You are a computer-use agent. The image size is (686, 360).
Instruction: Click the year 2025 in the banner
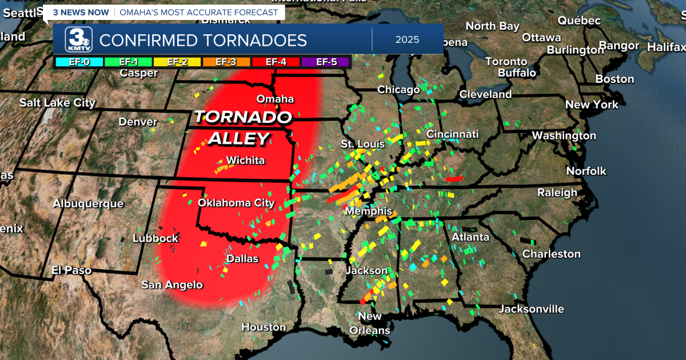[407, 40]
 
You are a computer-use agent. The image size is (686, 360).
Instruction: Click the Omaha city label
[275, 99]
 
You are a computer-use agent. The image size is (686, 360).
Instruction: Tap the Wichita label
[245, 161]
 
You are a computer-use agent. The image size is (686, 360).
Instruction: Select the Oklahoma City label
[236, 203]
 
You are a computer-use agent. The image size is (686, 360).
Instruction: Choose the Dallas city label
[242, 259]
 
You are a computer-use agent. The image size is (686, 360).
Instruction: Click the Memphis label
[368, 211]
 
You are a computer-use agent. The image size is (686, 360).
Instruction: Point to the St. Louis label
[363, 144]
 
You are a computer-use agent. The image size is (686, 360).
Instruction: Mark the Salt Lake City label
[57, 103]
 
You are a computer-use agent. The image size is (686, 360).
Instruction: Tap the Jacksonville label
[531, 309]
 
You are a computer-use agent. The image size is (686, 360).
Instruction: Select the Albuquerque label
[88, 204]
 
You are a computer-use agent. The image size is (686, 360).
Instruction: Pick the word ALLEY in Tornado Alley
[238, 138]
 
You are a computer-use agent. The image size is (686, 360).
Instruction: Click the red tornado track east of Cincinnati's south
[454, 179]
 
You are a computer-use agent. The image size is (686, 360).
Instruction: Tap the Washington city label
[564, 136]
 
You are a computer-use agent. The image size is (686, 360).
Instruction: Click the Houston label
[264, 327]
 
